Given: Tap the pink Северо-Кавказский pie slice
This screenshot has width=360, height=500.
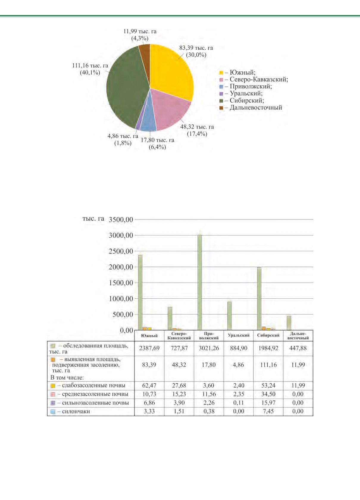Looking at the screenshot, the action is pyautogui.click(x=171, y=109).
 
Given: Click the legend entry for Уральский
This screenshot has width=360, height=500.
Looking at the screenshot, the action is pyautogui.click(x=241, y=93).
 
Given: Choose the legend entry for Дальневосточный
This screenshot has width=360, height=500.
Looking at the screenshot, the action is pyautogui.click(x=251, y=108).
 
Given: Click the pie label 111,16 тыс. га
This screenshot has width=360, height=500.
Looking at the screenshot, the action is pyautogui.click(x=90, y=66).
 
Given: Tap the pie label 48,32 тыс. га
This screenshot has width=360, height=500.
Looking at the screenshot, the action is pyautogui.click(x=197, y=127).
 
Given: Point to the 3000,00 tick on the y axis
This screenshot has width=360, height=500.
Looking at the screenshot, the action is pyautogui.click(x=121, y=236).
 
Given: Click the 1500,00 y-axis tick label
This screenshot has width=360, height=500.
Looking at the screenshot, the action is pyautogui.click(x=121, y=283).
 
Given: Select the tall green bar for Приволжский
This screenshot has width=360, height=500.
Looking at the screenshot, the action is pyautogui.click(x=200, y=282).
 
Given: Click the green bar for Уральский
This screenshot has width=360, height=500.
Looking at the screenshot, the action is pyautogui.click(x=229, y=316).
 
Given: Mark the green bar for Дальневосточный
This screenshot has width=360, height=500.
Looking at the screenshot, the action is pyautogui.click(x=289, y=323).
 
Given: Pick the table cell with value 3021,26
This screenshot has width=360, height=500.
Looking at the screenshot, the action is pyautogui.click(x=209, y=348).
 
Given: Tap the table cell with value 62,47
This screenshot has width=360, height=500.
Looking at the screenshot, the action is pyautogui.click(x=149, y=385).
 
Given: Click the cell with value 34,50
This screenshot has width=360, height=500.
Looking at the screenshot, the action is pyautogui.click(x=268, y=394).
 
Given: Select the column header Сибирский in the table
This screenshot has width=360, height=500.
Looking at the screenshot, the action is pyautogui.click(x=268, y=335).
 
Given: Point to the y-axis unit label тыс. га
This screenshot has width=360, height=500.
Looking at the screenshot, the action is pyautogui.click(x=93, y=219).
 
